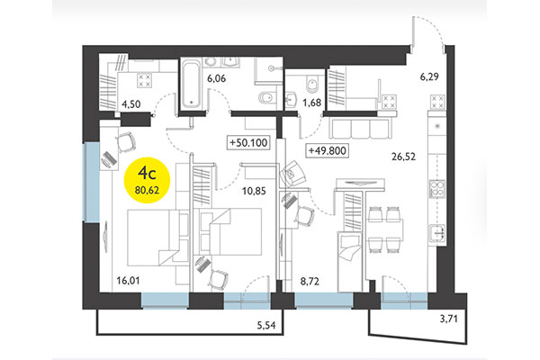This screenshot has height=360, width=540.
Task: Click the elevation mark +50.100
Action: coord(251,143)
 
